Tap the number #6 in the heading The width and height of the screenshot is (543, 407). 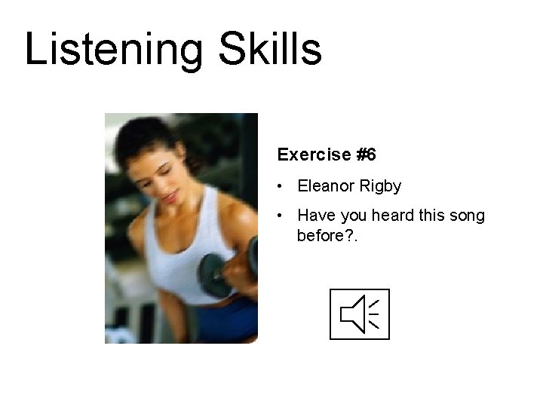point(366,155)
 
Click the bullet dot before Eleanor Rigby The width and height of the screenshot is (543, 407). point(280,186)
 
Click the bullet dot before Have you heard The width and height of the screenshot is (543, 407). point(280,216)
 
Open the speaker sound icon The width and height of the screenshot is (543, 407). point(360,314)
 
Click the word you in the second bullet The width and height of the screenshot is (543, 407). point(350,216)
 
